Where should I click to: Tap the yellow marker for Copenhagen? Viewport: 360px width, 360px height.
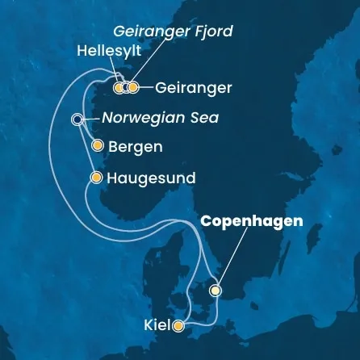pyautogui.click(x=216, y=290)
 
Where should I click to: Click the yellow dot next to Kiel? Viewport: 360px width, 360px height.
pyautogui.click(x=178, y=326)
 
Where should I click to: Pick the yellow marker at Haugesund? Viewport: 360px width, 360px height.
pyautogui.click(x=97, y=178)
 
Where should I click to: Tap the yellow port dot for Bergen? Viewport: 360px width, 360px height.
pyautogui.click(x=98, y=147)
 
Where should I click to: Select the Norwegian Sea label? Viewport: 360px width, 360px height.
pyautogui.click(x=160, y=119)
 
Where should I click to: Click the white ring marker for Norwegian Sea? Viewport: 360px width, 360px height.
pyautogui.click(x=77, y=119)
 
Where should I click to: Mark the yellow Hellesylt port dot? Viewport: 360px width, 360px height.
pyautogui.click(x=119, y=87)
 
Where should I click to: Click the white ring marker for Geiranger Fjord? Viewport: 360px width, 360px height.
pyautogui.click(x=126, y=87)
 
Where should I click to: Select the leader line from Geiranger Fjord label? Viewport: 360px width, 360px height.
pyautogui.click(x=144, y=61)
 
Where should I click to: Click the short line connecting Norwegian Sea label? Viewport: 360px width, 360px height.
pyautogui.click(x=90, y=119)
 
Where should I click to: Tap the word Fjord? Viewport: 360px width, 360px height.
pyautogui.click(x=216, y=31)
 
